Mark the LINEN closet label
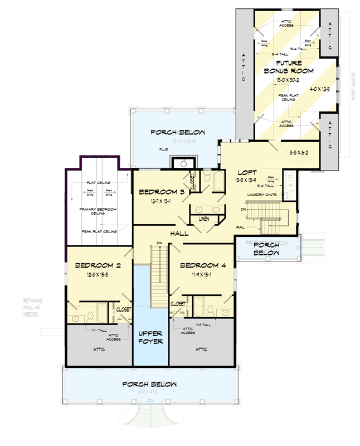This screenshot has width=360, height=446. click(x=204, y=219)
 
